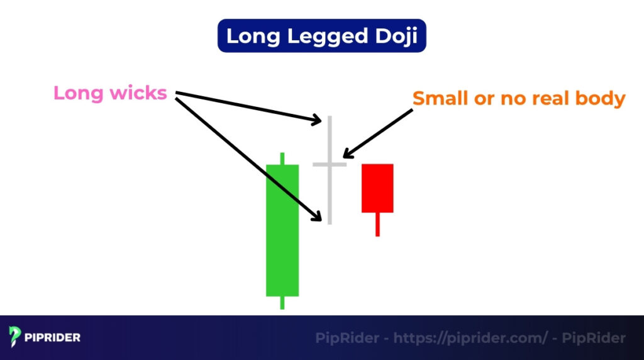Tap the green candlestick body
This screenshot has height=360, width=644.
point(282,230)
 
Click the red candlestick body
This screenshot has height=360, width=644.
point(377,188)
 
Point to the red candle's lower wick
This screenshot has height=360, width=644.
point(377,224)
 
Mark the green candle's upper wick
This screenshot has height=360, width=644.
point(282,158)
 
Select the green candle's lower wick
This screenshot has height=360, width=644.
point(282,303)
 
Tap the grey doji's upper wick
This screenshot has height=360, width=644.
point(329,138)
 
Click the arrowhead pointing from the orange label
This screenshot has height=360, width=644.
point(347,155)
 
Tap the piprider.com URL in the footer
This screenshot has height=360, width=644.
point(470,338)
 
